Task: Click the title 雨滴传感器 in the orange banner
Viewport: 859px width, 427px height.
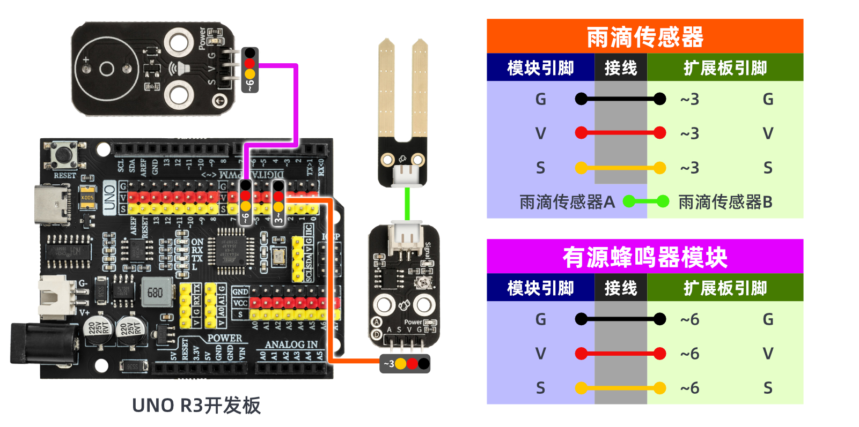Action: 644,37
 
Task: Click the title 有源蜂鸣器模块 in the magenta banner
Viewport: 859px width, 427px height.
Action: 644,257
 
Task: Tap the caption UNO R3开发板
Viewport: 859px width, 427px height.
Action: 196,406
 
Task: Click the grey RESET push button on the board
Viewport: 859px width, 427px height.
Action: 64,154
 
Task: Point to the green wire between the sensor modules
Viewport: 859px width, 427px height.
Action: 407,204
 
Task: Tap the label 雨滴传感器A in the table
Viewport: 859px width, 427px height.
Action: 567,202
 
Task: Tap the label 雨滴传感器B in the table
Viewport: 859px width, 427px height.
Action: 725,202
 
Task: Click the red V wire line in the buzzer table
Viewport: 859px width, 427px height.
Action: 620,354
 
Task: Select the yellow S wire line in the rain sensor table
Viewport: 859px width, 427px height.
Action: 620,168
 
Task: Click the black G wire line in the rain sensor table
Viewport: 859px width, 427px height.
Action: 620,99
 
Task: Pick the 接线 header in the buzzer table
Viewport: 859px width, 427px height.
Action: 620,288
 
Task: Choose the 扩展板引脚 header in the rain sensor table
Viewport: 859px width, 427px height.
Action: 725,68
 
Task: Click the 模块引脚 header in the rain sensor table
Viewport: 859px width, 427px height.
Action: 540,68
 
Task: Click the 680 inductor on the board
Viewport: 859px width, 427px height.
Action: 156,292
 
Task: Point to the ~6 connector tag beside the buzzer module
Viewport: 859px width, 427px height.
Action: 250,70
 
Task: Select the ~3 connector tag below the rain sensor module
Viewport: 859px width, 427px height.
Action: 405,364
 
